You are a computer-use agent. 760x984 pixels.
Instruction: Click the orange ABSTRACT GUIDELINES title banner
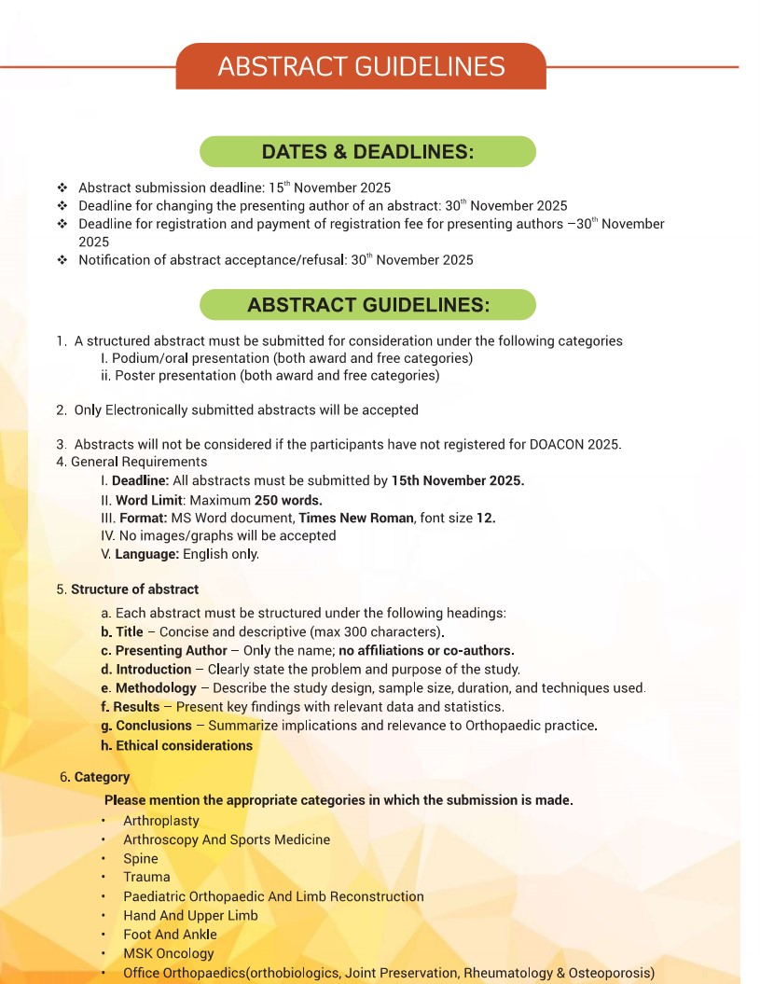(x=361, y=66)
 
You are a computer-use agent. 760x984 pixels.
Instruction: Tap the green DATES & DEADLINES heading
(x=367, y=152)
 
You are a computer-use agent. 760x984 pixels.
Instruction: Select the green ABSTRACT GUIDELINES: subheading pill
(x=367, y=305)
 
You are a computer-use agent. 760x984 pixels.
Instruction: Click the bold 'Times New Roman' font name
(x=355, y=518)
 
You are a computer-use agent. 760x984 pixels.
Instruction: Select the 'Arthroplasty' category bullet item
(x=161, y=821)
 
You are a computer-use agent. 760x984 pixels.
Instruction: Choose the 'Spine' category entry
(x=141, y=858)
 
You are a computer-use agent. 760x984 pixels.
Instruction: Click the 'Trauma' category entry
(x=146, y=877)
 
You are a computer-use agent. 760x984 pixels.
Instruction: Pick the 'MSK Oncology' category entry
(x=169, y=953)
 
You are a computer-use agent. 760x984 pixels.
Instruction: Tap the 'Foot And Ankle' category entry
(x=170, y=934)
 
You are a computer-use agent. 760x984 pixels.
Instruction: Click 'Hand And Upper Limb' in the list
(x=190, y=915)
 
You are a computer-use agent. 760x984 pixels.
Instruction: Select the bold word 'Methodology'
(x=156, y=688)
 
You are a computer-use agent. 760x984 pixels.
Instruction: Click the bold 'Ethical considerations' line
(x=184, y=745)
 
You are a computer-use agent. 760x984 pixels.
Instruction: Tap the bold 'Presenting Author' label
(x=171, y=650)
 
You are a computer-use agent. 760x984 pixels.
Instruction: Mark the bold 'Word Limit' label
(x=148, y=499)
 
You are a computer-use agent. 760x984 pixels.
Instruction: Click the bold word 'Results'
(x=136, y=707)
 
